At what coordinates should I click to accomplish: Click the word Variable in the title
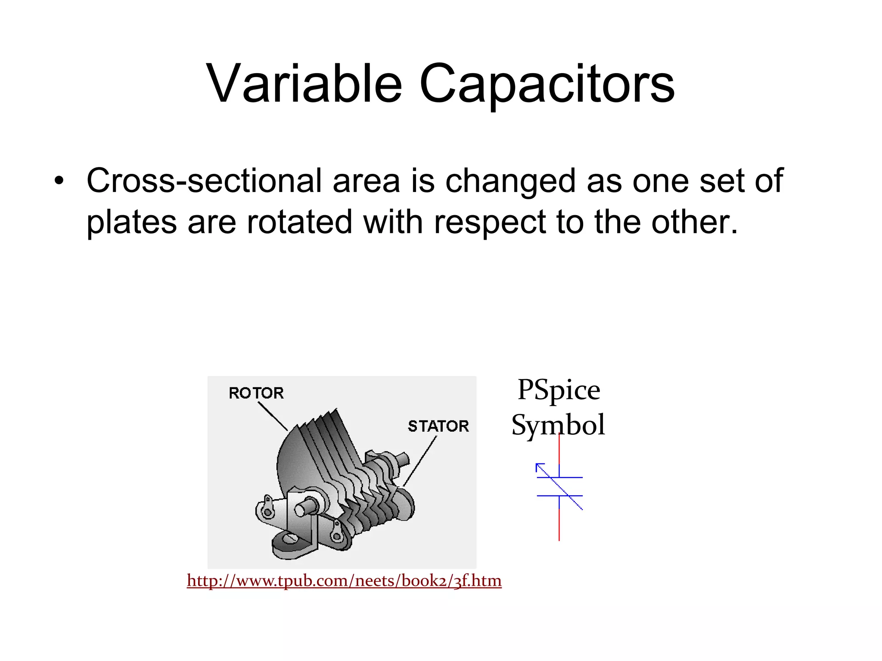304,84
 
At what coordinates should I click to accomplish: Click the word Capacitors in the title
547,84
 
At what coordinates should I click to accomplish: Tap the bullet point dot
59,181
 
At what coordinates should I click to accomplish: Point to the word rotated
299,222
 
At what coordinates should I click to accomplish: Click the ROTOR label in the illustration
256,393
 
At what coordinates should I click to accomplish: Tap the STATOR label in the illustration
438,426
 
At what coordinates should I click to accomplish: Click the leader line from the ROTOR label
273,416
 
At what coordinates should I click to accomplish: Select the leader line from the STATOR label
420,460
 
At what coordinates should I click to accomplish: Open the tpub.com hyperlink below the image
344,581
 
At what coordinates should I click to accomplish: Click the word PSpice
559,390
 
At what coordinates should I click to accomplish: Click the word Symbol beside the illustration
558,425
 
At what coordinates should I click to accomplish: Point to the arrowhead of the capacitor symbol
539,466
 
